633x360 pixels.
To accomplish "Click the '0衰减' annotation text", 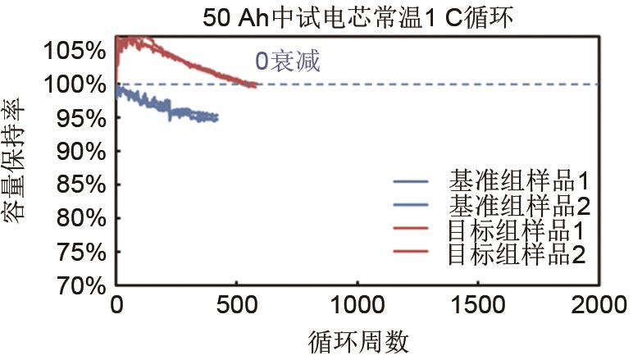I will (286, 60).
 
